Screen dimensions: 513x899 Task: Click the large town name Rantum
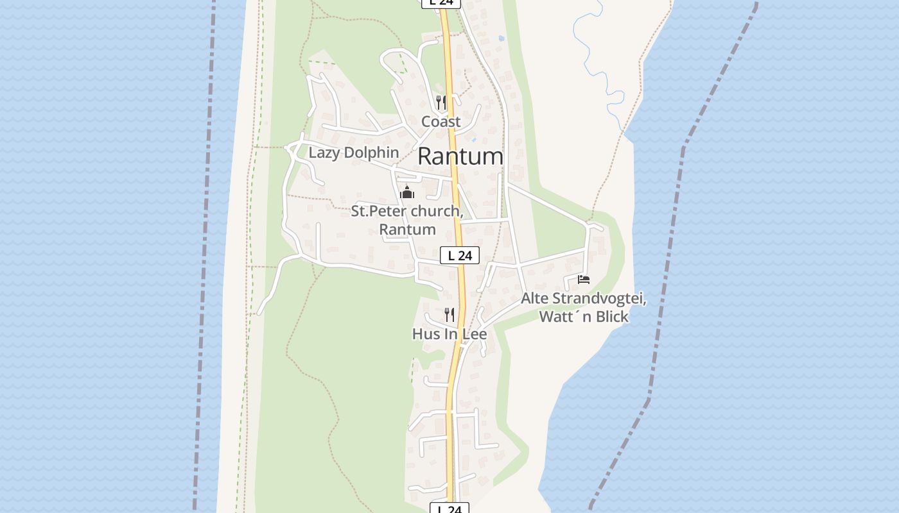[x=460, y=156]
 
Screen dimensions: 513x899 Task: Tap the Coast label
[x=441, y=121]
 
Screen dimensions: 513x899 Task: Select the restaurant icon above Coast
[x=441, y=101]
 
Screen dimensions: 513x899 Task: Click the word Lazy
[x=324, y=153]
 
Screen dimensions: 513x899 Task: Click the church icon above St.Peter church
[x=407, y=192]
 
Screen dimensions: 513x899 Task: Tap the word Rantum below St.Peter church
[x=407, y=230]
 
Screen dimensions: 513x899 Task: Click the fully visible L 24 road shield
[x=460, y=255]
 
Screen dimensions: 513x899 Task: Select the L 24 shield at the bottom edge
[x=449, y=509]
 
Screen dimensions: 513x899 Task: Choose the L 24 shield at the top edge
[x=441, y=3]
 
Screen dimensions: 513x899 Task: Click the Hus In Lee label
[x=449, y=334]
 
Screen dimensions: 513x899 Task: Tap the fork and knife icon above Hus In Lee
[x=449, y=314]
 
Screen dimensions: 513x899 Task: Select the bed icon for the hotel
[x=583, y=279]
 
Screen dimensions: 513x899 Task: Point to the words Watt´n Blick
[x=583, y=317]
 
